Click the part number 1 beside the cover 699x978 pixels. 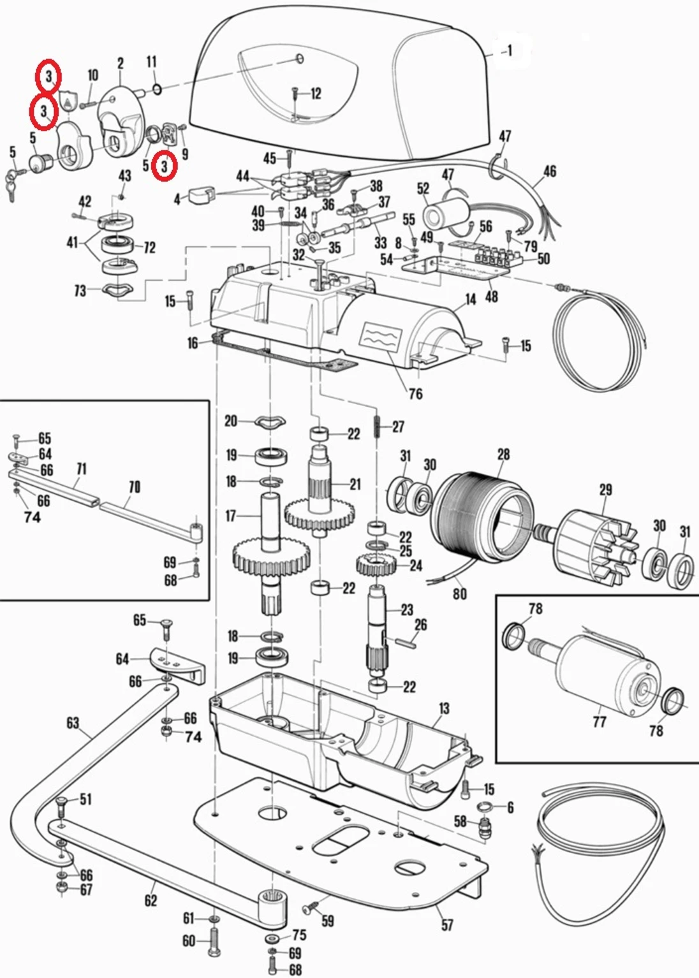coord(509,50)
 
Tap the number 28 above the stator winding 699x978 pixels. coord(503,455)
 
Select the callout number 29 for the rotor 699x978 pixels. coord(605,490)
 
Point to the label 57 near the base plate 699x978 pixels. coord(448,924)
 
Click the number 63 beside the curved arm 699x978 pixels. coord(73,722)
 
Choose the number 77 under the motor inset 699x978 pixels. coord(599,721)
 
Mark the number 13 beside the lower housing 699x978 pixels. coord(444,708)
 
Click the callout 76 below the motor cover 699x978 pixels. coord(415,393)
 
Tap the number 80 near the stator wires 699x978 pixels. coord(460,594)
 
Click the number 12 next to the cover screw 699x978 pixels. coord(316,94)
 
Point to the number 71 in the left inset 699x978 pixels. coord(82,469)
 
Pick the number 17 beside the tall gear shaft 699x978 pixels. coord(231,515)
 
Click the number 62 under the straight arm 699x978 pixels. coord(151,900)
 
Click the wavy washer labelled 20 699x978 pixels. coord(270,421)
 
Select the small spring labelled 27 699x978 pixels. coord(378,425)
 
